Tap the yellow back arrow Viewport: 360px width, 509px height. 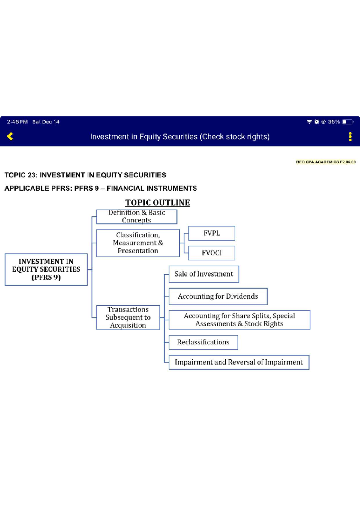click(10, 136)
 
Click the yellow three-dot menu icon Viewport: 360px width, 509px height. click(350, 137)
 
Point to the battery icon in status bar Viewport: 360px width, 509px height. click(348, 122)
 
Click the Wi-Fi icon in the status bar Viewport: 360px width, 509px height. click(309, 122)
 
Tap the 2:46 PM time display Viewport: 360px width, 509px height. click(17, 122)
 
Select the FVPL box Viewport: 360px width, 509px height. click(212, 233)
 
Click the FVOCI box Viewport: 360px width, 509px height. click(212, 253)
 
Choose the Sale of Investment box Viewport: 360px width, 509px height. click(204, 274)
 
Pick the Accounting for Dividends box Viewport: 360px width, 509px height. click(218, 296)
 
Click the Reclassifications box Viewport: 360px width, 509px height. click(203, 342)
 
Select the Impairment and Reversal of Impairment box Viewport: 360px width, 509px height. click(239, 362)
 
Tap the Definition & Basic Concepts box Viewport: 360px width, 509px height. click(137, 216)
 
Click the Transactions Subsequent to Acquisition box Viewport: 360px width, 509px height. click(128, 317)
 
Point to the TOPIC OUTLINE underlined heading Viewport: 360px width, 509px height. click(157, 202)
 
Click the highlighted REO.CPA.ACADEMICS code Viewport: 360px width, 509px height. click(326, 162)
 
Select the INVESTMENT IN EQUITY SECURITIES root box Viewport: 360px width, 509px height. click(46, 269)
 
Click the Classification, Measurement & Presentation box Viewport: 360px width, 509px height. click(138, 243)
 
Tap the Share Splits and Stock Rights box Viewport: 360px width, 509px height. click(239, 320)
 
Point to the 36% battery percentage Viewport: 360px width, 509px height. click(334, 122)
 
